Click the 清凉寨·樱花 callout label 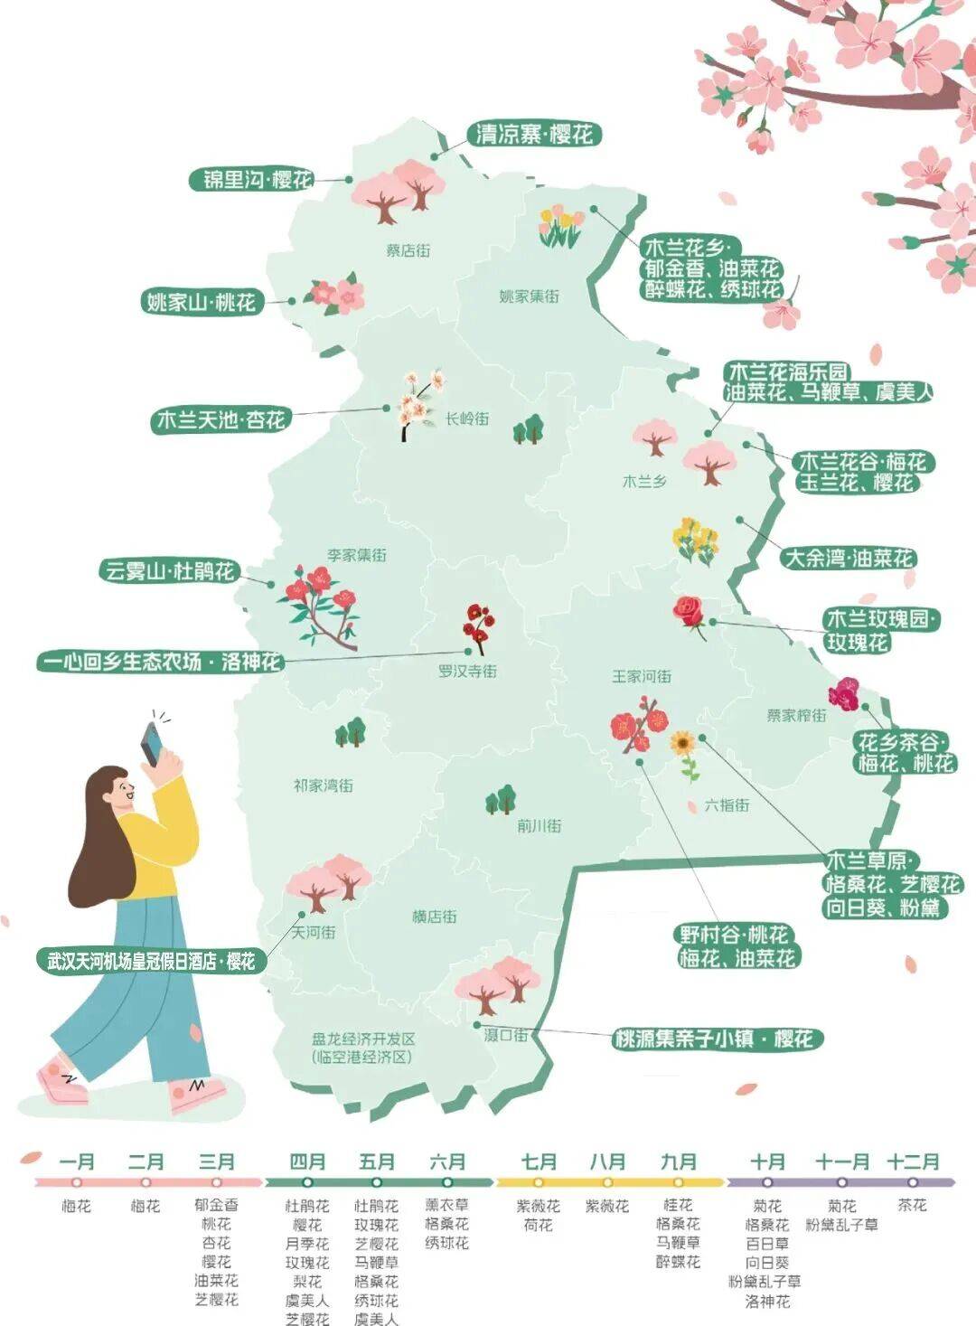534,135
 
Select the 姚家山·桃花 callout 202,301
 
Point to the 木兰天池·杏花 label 221,419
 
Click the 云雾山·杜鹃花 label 169,571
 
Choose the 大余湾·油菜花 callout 849,558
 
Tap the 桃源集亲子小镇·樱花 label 714,1039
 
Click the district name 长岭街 467,418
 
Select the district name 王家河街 642,676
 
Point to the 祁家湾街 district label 323,785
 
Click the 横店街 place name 434,917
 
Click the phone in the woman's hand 151,743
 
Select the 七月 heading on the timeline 539,1161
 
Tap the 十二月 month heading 913,1161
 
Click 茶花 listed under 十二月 913,1205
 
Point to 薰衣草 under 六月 447,1205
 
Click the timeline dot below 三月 217,1182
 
